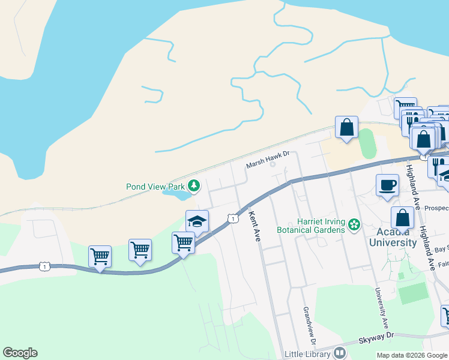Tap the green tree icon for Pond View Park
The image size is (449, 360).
[x=194, y=185]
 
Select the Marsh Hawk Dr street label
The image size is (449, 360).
[x=268, y=154]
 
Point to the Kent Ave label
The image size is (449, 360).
[x=253, y=226]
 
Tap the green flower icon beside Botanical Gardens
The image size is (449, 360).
[x=355, y=225]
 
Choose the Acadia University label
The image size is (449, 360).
[x=388, y=238]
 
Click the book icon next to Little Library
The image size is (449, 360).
[x=340, y=353]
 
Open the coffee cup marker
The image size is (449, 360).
[x=387, y=184]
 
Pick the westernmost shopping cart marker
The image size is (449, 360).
[x=100, y=256]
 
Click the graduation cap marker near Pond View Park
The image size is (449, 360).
[x=197, y=220]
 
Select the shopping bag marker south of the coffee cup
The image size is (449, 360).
[x=402, y=217]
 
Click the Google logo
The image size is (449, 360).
[x=20, y=353]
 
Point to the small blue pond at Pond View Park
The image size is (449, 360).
[x=178, y=195]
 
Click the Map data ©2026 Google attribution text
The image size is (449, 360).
[x=412, y=355]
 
